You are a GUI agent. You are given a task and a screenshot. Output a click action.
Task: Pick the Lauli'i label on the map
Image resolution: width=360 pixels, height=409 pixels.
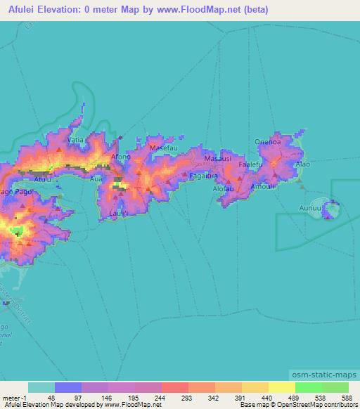(x=118, y=213)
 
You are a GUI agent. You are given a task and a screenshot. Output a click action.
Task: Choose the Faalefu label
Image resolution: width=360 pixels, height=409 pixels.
(x=250, y=164)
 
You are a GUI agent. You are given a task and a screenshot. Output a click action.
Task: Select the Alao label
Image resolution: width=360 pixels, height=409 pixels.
(x=302, y=164)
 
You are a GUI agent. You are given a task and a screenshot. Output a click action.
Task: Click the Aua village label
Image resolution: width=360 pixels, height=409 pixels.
(x=96, y=180)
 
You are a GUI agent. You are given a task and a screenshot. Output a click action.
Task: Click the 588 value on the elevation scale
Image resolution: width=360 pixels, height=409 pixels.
(x=342, y=397)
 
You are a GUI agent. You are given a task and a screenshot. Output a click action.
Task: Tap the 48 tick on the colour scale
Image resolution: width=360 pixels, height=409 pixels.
(x=51, y=397)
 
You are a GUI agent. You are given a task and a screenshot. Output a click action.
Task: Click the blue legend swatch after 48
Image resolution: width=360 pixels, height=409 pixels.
(x=68, y=387)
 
